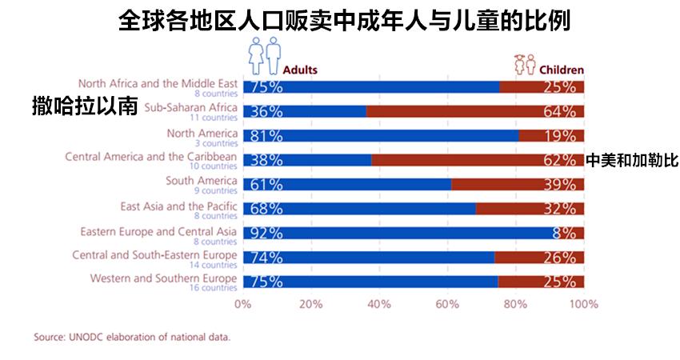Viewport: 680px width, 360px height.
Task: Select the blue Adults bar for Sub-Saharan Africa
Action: (x=304, y=111)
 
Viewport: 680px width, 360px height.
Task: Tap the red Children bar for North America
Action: (x=551, y=135)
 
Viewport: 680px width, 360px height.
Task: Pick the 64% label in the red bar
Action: (x=559, y=111)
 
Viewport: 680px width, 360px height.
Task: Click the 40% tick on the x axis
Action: (x=379, y=304)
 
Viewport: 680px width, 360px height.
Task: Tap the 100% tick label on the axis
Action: (x=583, y=304)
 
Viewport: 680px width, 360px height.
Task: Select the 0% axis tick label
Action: (x=242, y=304)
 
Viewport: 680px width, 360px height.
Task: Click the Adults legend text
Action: (x=300, y=70)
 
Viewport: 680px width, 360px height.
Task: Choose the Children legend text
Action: (x=562, y=70)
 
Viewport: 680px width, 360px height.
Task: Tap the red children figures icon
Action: (x=525, y=62)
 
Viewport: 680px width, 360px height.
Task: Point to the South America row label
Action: (x=201, y=180)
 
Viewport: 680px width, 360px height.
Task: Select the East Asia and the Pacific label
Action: (x=178, y=206)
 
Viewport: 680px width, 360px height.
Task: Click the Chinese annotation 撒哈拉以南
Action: (x=85, y=105)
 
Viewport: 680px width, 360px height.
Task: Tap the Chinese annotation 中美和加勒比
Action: (x=632, y=160)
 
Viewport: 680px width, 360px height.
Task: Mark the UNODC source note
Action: (x=132, y=337)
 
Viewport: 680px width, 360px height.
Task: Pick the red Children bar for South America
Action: (x=517, y=184)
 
